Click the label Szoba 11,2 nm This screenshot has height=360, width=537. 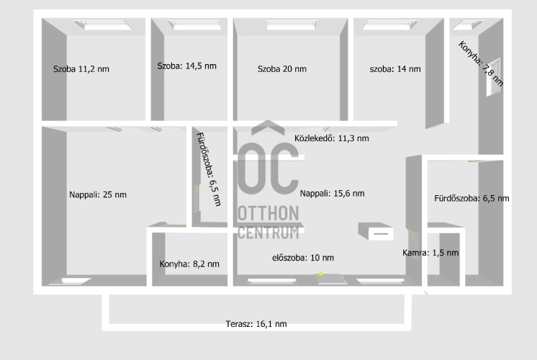(x=81, y=69)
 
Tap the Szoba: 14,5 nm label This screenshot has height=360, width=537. (x=187, y=66)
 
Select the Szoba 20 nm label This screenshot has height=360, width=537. (x=282, y=69)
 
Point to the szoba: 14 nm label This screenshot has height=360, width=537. (x=395, y=69)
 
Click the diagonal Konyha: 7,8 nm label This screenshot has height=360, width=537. (x=481, y=63)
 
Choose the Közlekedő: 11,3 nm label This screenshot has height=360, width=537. (x=332, y=138)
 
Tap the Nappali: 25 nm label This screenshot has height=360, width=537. (x=98, y=195)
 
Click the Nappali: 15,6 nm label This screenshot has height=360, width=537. (x=332, y=194)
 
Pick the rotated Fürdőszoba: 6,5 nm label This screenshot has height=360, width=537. (x=209, y=169)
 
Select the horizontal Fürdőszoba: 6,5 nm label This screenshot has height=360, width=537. (x=471, y=198)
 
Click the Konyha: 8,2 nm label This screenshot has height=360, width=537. (x=189, y=264)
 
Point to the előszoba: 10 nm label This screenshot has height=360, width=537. (x=303, y=258)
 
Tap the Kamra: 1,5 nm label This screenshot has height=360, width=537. (x=430, y=253)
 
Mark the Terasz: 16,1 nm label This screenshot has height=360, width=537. (x=256, y=324)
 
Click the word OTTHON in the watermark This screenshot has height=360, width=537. (x=268, y=213)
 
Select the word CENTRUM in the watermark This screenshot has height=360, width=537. (x=268, y=233)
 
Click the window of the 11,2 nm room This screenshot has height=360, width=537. (x=102, y=24)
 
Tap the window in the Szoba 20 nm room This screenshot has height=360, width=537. (x=292, y=24)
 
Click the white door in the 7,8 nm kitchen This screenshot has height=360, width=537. (x=493, y=78)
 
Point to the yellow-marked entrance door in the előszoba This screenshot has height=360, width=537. (x=331, y=278)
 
